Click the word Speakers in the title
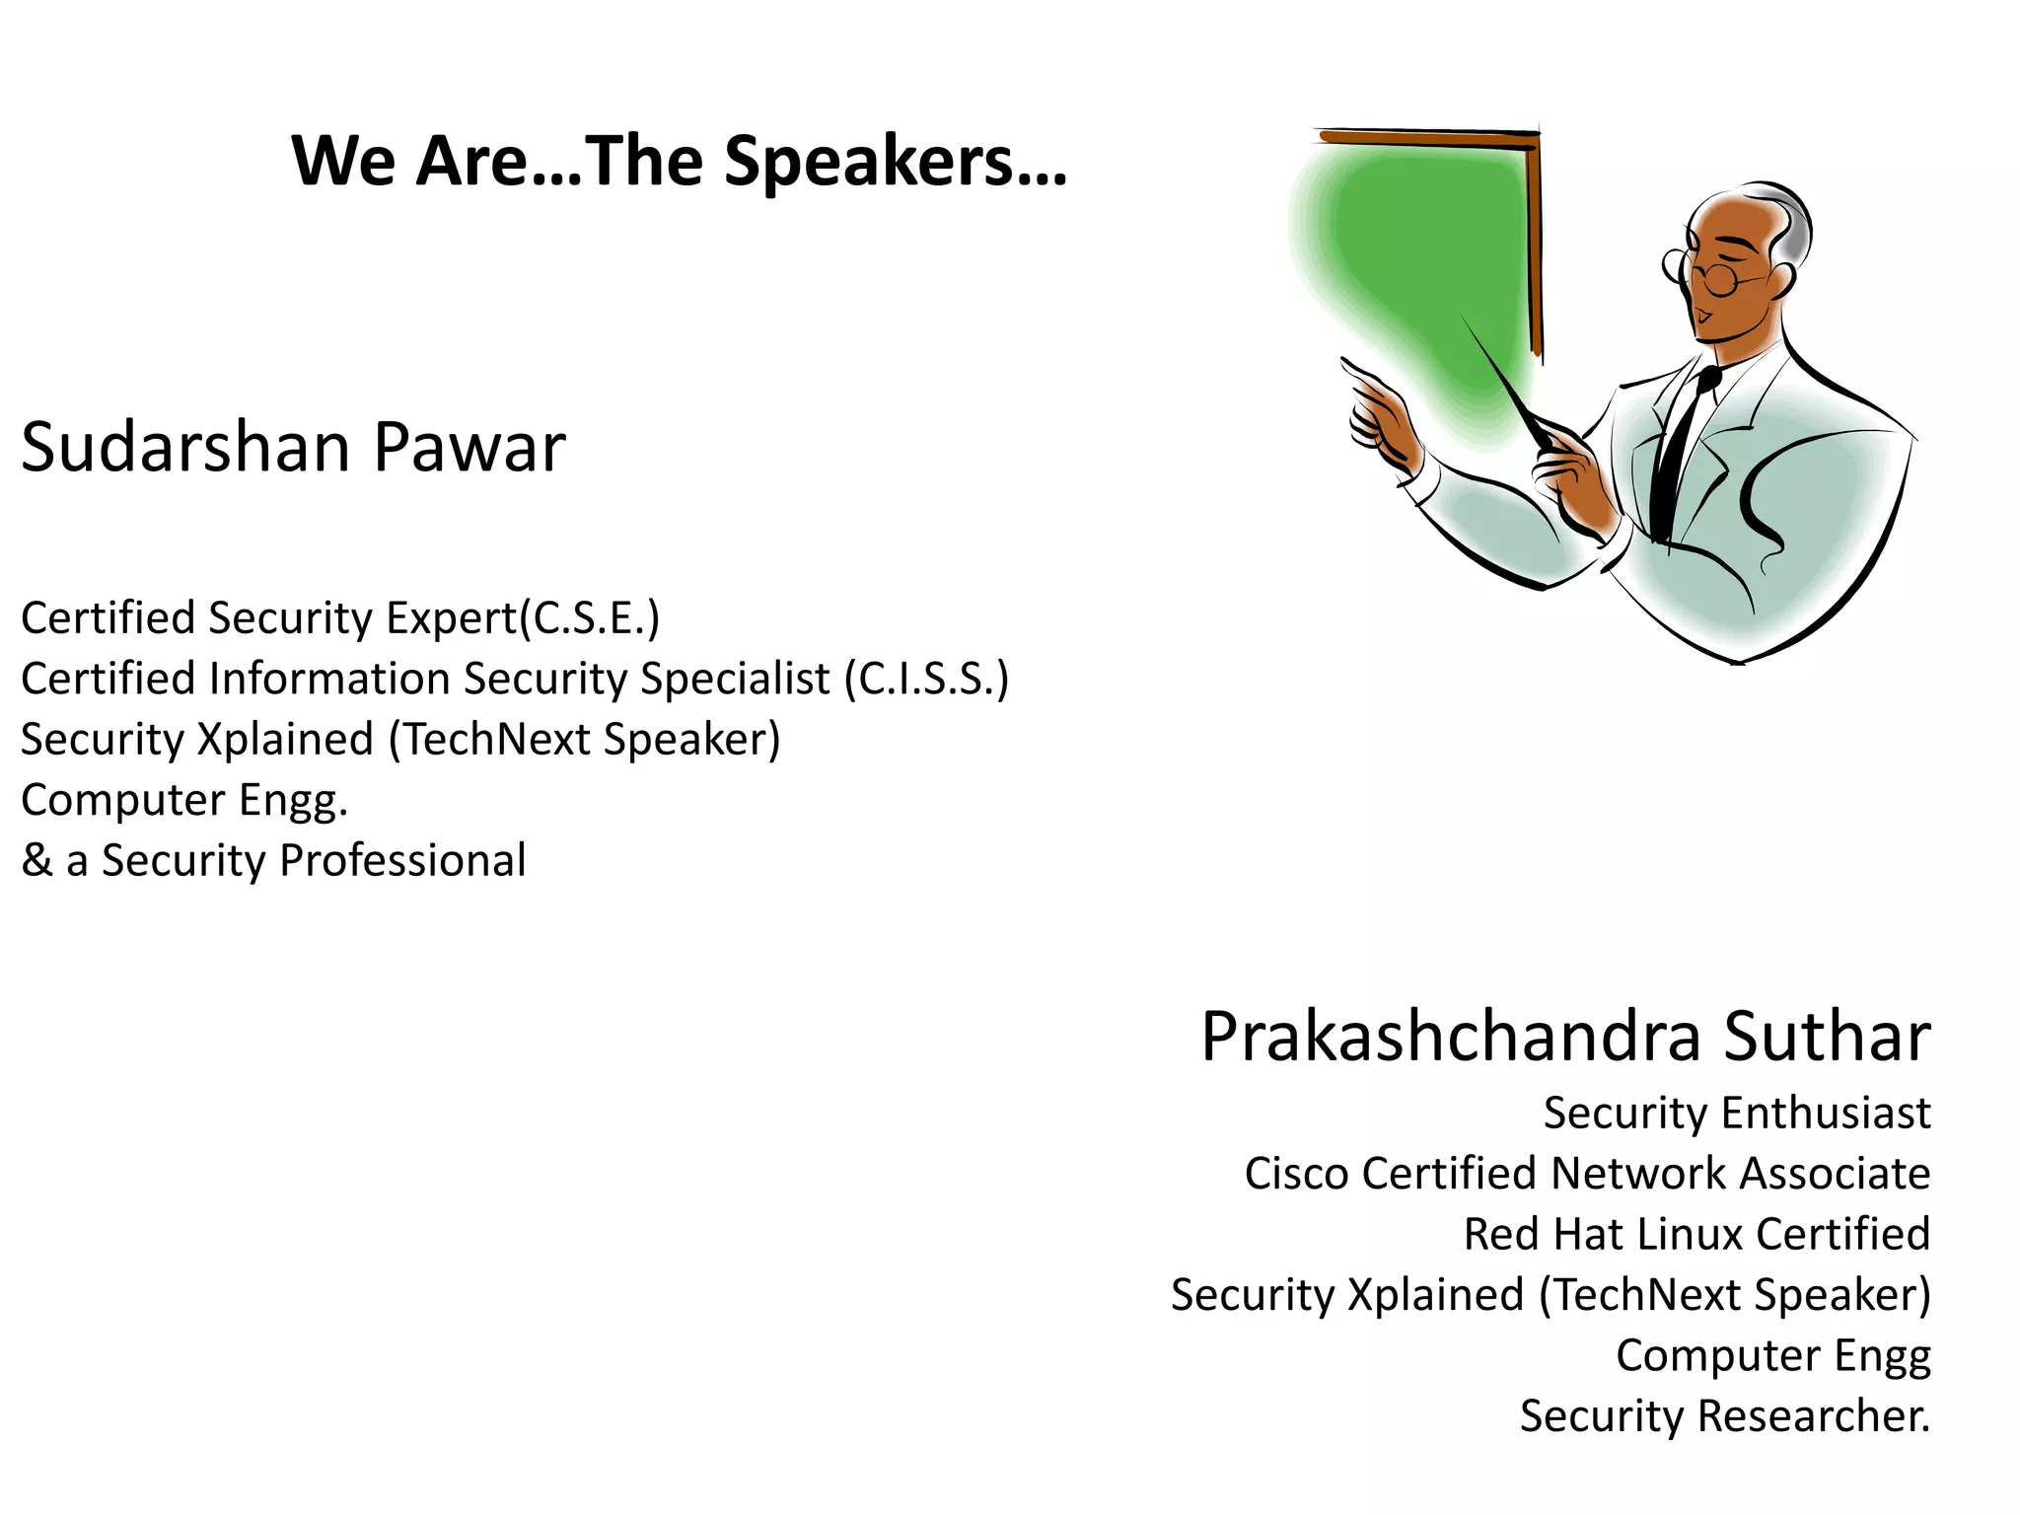(896, 162)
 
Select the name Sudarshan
(185, 448)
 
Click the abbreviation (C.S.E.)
(590, 619)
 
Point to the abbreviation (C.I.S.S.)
(926, 680)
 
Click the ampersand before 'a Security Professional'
(36, 860)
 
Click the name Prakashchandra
(1450, 1038)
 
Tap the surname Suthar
(1827, 1038)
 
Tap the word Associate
(1835, 1174)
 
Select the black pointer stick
(1504, 380)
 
